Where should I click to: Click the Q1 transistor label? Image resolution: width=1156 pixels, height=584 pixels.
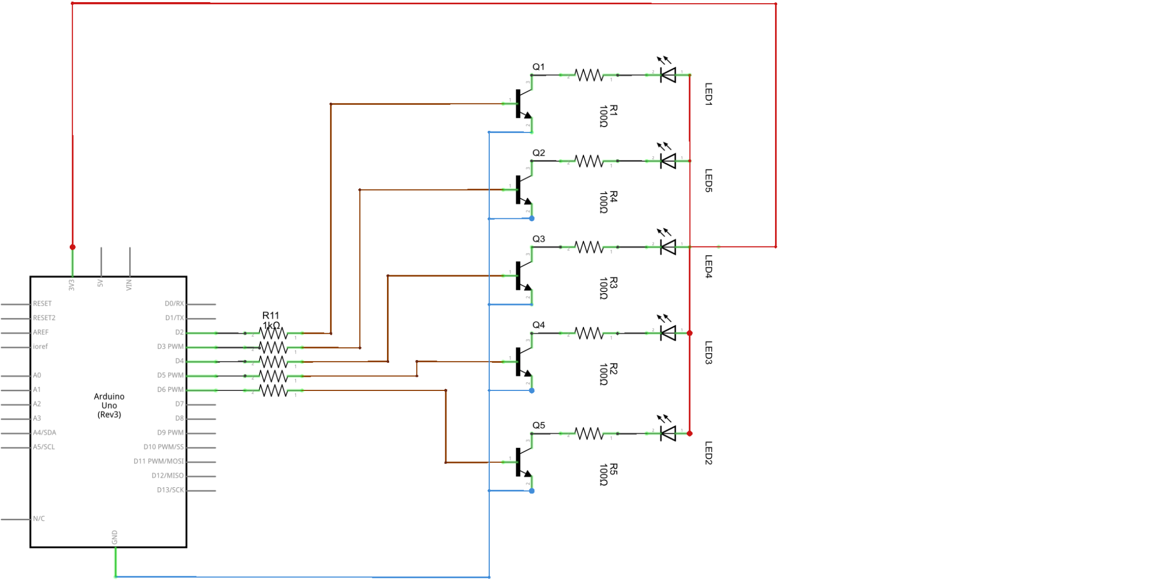tap(538, 67)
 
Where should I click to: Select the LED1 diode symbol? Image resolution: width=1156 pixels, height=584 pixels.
tap(668, 75)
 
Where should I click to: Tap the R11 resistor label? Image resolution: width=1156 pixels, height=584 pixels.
tap(271, 315)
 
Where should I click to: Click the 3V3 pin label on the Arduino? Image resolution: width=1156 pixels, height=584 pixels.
tap(71, 285)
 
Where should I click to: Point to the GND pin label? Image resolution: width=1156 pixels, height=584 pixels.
tap(115, 537)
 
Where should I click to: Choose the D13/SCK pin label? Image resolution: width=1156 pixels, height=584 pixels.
tap(170, 490)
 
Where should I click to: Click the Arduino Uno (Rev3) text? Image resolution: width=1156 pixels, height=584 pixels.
tap(109, 406)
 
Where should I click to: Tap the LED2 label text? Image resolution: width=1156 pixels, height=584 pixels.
tap(708, 453)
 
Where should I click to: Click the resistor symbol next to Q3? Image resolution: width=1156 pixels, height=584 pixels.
tap(589, 247)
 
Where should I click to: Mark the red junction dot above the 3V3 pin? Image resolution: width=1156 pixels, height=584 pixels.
tap(73, 247)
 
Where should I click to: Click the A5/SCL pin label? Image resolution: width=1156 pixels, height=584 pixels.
tap(44, 447)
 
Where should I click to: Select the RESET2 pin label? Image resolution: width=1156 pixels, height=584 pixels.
tap(44, 318)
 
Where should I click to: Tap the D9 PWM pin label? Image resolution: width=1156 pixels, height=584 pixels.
tap(170, 433)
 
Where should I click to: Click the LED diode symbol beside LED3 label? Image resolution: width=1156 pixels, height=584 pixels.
tap(668, 333)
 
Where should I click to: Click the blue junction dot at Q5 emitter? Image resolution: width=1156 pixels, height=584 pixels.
tap(532, 491)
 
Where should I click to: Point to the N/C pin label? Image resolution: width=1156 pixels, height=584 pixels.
tap(39, 519)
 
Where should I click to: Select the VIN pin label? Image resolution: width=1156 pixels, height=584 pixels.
tap(129, 285)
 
